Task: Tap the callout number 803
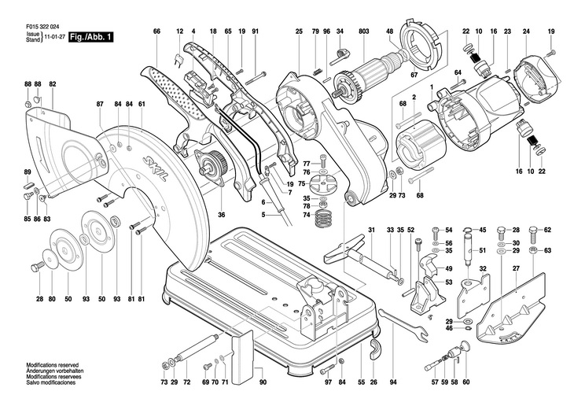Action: (363, 31)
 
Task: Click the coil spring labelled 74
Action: (323, 217)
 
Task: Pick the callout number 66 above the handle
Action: (156, 31)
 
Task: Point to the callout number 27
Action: (516, 269)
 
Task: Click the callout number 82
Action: (53, 83)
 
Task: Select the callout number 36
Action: (221, 214)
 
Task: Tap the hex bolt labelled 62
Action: (533, 231)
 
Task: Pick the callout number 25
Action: (299, 31)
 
